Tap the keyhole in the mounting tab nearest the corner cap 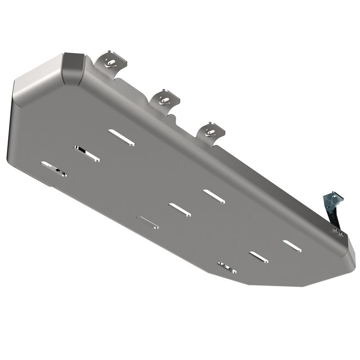pyautogui.click(x=111, y=62)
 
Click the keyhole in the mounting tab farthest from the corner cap pyautogui.click(x=210, y=131)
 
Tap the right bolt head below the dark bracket pyautogui.click(x=342, y=234)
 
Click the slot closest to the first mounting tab pyautogui.click(x=121, y=137)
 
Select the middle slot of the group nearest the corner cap pyautogui.click(x=87, y=154)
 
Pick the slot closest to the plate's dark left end pyautogui.click(x=54, y=169)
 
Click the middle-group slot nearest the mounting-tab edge pyautogui.click(x=214, y=196)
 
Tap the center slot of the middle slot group pyautogui.click(x=180, y=210)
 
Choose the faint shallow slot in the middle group pyautogui.click(x=148, y=222)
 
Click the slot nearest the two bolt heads pyautogui.click(x=292, y=246)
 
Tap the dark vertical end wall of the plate pyautogui.click(x=11, y=130)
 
